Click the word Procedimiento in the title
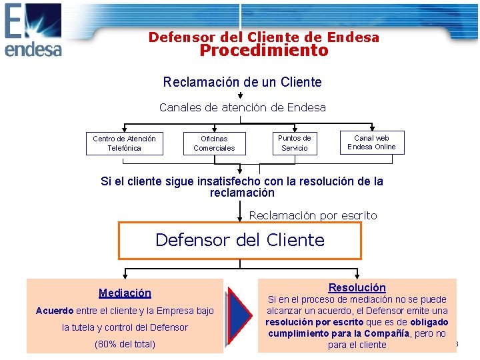(x=264, y=51)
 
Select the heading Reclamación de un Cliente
(x=242, y=83)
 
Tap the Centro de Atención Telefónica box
(x=124, y=143)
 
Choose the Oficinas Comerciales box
(x=214, y=143)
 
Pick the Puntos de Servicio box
(x=294, y=143)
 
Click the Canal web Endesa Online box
(x=371, y=143)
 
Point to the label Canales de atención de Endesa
(x=242, y=107)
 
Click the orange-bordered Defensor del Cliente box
(x=240, y=240)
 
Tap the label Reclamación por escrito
(x=313, y=215)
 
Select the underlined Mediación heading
(x=125, y=293)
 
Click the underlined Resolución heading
(x=357, y=287)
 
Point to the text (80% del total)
(x=125, y=344)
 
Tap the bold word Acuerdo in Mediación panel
(x=55, y=311)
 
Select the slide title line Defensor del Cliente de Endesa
(x=263, y=37)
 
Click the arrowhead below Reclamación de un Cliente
(x=241, y=96)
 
